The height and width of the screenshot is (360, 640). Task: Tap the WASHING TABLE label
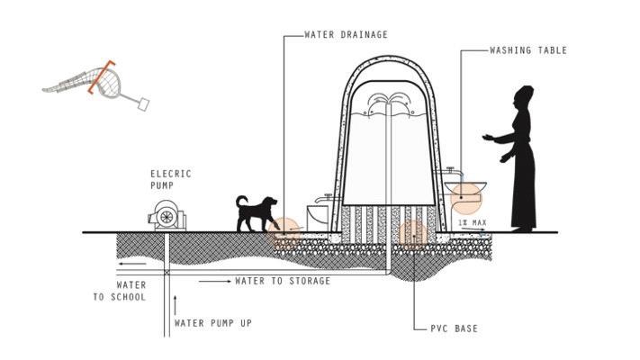pos(528,50)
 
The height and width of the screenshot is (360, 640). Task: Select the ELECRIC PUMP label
pos(170,179)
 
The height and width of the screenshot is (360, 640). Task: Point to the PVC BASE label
pos(454,328)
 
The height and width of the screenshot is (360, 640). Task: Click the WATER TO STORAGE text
pos(283,281)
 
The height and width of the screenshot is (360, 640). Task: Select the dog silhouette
pos(256,214)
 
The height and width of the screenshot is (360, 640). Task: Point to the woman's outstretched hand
pos(488,138)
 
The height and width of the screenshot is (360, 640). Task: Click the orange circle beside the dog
pos(286,231)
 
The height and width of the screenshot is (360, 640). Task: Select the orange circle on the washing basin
pos(465,194)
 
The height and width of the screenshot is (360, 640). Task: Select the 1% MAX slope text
pos(472,222)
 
